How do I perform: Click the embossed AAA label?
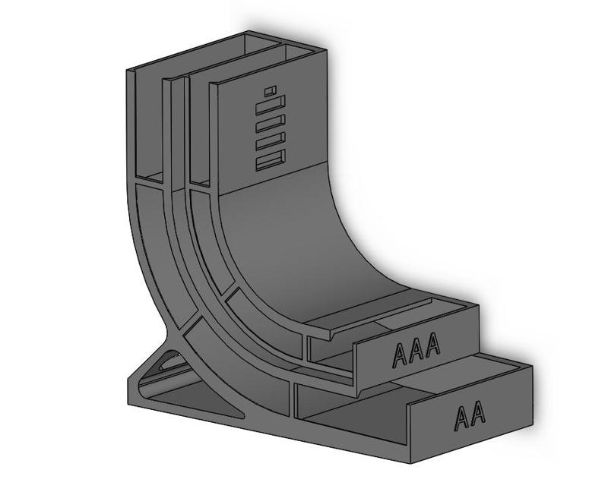click(x=416, y=351)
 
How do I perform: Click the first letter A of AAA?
click(x=400, y=354)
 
